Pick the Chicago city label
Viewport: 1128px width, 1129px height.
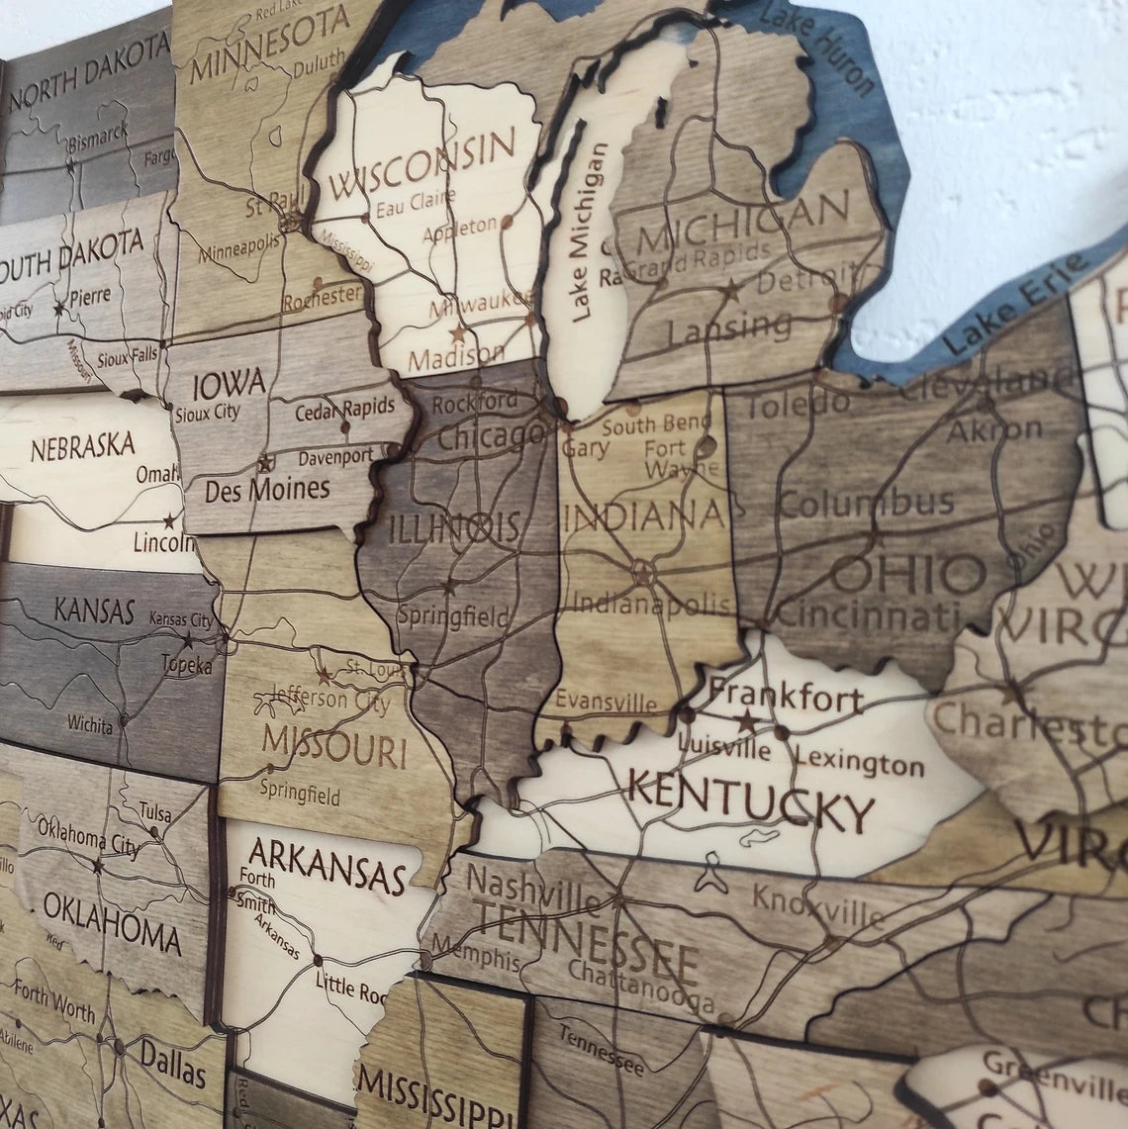pos(491,434)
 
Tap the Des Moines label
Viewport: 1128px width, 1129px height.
pos(266,489)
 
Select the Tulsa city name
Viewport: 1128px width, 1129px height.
pos(155,813)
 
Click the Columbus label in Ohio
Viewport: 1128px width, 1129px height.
pos(867,502)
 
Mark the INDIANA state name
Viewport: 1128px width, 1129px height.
pos(642,516)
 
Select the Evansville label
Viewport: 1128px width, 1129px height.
pos(605,702)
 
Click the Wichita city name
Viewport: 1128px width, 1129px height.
pos(90,724)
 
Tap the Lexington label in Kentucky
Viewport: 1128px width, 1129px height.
pos(859,762)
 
